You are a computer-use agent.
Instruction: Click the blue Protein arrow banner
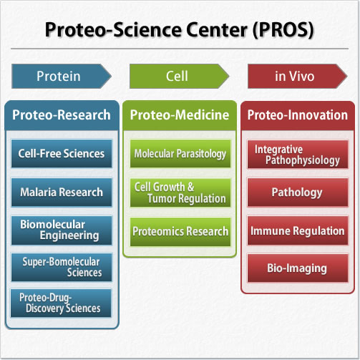pyautogui.click(x=62, y=76)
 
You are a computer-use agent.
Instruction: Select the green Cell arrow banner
pyautogui.click(x=180, y=76)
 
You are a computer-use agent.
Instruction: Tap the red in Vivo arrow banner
pyautogui.click(x=298, y=76)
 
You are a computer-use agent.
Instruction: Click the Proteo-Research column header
pyautogui.click(x=62, y=115)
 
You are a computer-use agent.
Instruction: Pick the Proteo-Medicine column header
pyautogui.click(x=180, y=115)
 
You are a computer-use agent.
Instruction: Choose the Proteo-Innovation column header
pyautogui.click(x=298, y=115)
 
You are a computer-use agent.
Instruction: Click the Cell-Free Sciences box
pyautogui.click(x=62, y=154)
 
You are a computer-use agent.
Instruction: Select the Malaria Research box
pyautogui.click(x=62, y=192)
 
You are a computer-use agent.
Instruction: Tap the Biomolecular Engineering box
pyautogui.click(x=62, y=230)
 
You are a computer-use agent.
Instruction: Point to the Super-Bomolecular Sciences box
pyautogui.click(x=62, y=268)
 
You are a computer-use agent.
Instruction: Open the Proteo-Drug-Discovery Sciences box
pyautogui.click(x=61, y=303)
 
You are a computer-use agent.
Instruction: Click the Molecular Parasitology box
pyautogui.click(x=180, y=154)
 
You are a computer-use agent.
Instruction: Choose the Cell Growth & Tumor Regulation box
pyautogui.click(x=180, y=193)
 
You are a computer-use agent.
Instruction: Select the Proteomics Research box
pyautogui.click(x=180, y=232)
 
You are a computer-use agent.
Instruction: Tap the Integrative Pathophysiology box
pyautogui.click(x=298, y=155)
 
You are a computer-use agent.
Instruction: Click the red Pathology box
pyautogui.click(x=298, y=193)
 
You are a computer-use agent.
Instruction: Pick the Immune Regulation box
pyautogui.click(x=298, y=230)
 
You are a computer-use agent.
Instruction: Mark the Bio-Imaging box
pyautogui.click(x=298, y=268)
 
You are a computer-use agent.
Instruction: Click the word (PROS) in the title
pyautogui.click(x=283, y=30)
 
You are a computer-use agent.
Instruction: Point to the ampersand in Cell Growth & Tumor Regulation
pyautogui.click(x=190, y=187)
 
